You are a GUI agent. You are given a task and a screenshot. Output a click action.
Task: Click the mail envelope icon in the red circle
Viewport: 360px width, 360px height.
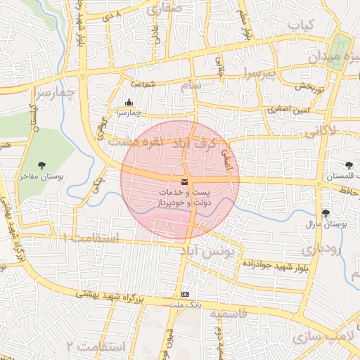click(x=184, y=183)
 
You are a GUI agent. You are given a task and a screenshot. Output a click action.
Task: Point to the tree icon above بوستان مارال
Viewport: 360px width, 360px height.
click(x=325, y=212)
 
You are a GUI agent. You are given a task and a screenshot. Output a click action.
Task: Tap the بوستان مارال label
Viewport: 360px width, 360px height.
click(x=324, y=224)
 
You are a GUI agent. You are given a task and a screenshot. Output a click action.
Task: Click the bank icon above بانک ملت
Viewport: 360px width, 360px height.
click(x=185, y=295)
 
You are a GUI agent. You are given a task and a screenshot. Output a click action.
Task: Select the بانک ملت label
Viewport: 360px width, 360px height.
click(x=185, y=306)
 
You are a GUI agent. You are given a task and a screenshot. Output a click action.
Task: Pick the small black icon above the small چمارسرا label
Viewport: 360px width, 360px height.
click(x=128, y=102)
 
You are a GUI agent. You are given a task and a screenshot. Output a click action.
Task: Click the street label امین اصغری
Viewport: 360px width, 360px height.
click(x=287, y=110)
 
